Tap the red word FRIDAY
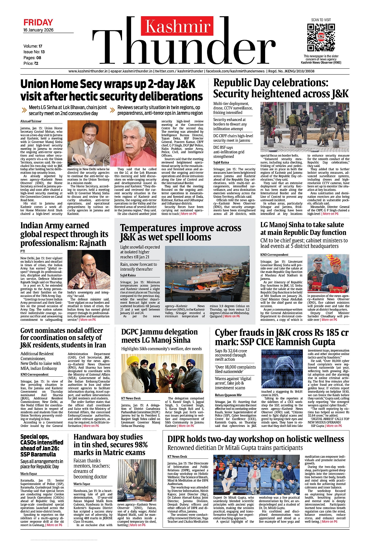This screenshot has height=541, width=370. click(38, 22)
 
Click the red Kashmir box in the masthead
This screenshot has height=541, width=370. click(178, 26)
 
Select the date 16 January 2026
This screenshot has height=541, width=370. click(38, 30)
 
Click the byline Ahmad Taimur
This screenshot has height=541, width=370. click(31, 121)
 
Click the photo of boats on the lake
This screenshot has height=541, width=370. click(207, 274)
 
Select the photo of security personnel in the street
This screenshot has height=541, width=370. click(305, 127)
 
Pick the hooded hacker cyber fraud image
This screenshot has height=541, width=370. click(282, 369)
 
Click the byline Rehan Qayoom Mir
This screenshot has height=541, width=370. click(228, 395)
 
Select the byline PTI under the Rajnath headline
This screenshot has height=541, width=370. click(23, 251)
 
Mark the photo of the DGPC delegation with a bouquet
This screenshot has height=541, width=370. click(162, 373)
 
